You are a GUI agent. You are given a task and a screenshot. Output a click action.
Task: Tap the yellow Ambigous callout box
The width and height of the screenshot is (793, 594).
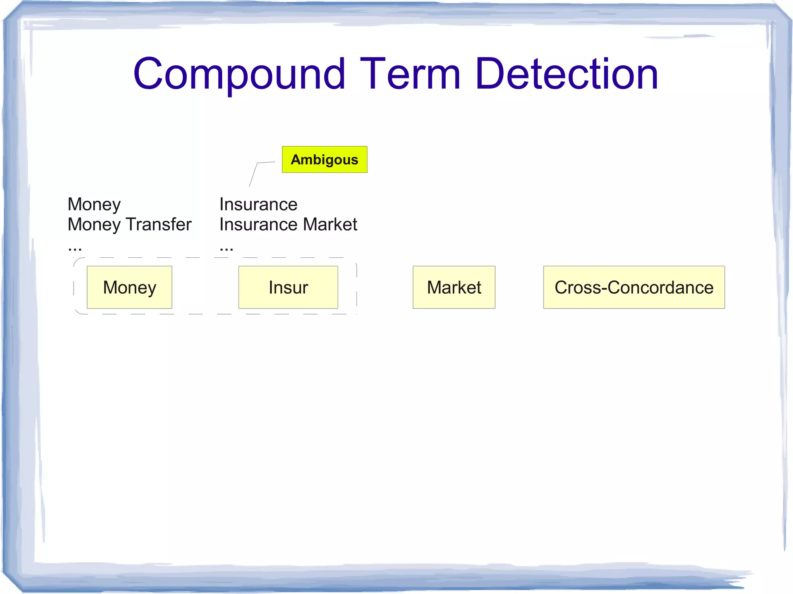(324, 159)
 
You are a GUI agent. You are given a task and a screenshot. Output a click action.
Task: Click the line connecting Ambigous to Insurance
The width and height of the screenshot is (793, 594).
(254, 174)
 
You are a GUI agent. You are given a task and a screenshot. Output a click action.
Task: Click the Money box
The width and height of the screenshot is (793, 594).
(129, 287)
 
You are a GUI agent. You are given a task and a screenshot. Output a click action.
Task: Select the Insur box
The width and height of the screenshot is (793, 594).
(288, 287)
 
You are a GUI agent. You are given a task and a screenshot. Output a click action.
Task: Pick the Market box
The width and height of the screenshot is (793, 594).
(454, 287)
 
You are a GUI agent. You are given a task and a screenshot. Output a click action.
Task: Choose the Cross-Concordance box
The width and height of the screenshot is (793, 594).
(634, 287)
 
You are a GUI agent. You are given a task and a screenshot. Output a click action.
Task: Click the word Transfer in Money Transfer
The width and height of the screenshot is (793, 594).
(159, 224)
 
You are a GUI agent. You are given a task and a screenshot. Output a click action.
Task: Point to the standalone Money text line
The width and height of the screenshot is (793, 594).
(94, 204)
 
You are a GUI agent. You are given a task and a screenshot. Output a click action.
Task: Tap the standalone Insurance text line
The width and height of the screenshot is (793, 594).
(258, 204)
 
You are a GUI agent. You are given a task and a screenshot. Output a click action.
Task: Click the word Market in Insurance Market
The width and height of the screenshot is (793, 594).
(330, 224)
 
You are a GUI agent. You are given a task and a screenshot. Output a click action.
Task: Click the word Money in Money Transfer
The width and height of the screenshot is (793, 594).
(94, 224)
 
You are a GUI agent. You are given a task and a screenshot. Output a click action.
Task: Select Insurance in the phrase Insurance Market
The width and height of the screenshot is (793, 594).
(258, 224)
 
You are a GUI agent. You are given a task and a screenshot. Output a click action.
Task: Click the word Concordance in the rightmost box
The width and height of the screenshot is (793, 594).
(661, 287)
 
